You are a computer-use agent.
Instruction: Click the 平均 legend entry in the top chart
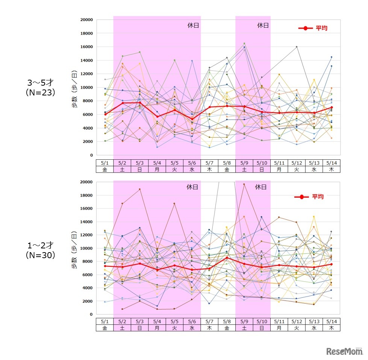coord(312,28)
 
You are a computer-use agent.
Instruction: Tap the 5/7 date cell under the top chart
coord(209,163)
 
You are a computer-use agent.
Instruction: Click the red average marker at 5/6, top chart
coord(192,119)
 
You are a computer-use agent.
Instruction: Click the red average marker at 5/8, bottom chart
coord(227,257)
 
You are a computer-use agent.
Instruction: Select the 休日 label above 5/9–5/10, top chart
coord(263,26)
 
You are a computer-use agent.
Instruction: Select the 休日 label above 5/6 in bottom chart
coord(193,187)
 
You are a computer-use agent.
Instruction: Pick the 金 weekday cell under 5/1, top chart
coord(105,169)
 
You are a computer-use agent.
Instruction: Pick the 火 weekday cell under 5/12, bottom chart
coord(297,328)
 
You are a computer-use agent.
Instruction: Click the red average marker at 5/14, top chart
coord(331,107)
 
